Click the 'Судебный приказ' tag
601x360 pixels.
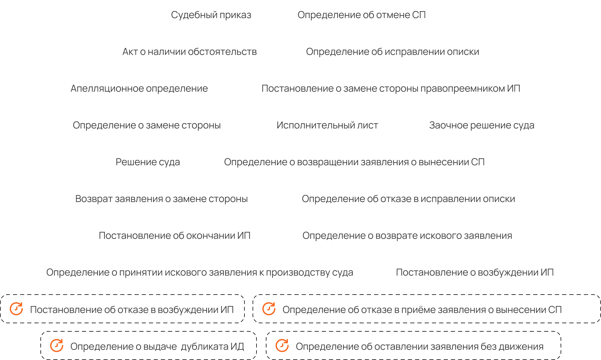coord(211,15)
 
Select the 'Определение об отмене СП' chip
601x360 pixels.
coord(362,15)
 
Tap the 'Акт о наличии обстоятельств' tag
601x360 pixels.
coord(190,52)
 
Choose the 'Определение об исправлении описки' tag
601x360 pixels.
coord(393,52)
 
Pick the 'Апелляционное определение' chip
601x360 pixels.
coord(139,88)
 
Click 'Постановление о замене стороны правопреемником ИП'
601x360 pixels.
coord(391,88)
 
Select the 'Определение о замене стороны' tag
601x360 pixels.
coord(147,125)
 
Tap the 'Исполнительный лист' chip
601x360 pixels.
coord(327,125)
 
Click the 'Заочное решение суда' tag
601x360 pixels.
coord(482,125)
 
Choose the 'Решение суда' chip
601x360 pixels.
coord(148,162)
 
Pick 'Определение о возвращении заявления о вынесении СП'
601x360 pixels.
coord(354,162)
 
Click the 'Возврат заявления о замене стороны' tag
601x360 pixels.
coord(162,199)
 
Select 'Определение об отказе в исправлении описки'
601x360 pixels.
coord(408,199)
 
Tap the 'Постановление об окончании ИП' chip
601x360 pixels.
coord(175,235)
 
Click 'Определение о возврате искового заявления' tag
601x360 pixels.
coord(407,235)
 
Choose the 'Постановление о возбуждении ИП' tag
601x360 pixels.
coord(475,272)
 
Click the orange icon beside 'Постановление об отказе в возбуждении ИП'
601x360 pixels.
coord(16,309)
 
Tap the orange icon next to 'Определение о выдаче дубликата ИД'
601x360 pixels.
coord(57,346)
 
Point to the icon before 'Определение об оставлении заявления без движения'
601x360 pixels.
coord(282,346)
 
